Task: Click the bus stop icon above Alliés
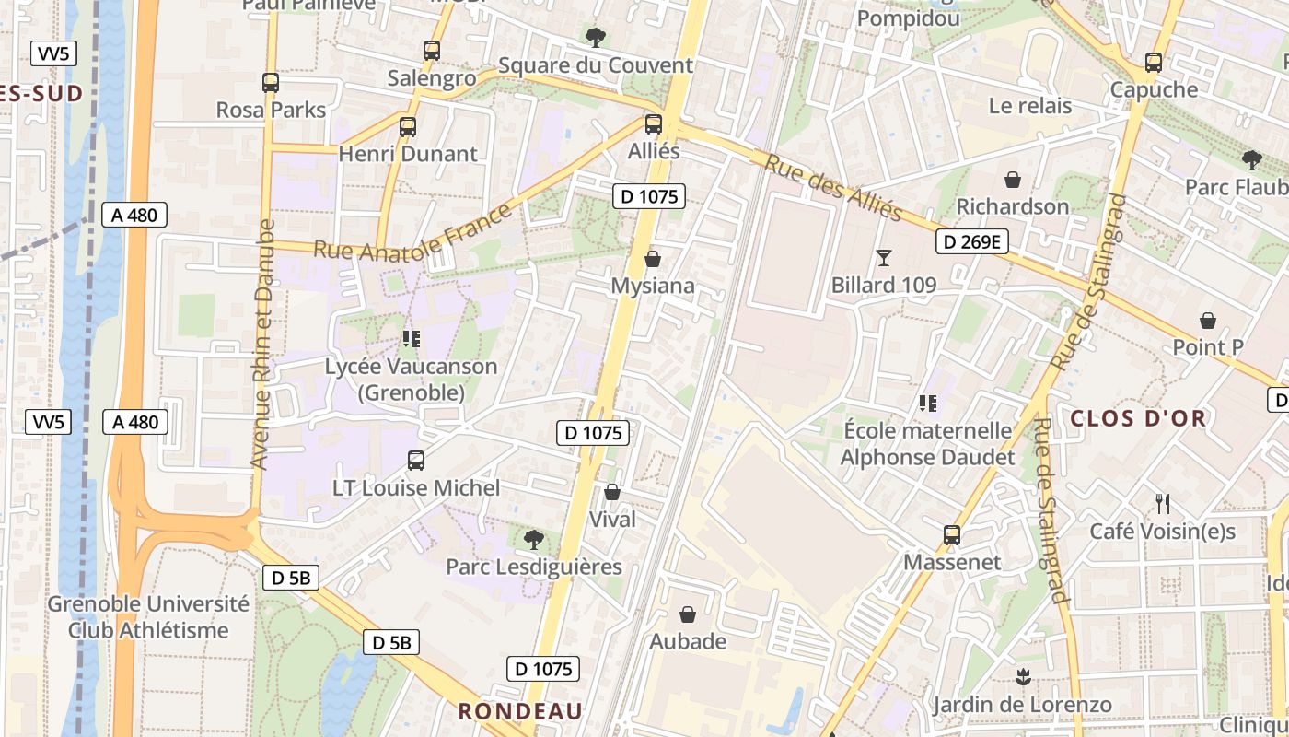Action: pos(654,123)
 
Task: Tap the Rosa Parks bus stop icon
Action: pos(271,83)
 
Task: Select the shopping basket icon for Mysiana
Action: pos(653,259)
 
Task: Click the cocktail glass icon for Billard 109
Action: pos(884,258)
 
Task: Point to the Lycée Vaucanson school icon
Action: pos(411,339)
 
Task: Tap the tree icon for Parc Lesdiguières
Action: pos(533,540)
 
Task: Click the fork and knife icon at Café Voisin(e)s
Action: pos(1163,504)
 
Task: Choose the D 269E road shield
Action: pos(972,242)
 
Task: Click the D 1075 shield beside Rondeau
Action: pos(544,669)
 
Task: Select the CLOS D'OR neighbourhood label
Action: pos(1137,418)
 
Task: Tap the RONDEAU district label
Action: pos(520,711)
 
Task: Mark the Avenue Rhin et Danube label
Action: pos(262,345)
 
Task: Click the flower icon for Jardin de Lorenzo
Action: pos(1022,678)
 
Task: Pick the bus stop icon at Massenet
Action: pos(952,534)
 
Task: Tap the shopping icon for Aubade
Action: pos(688,614)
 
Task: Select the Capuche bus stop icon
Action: pos(1154,63)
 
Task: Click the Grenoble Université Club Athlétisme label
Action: pos(148,617)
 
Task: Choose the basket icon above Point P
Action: pos(1208,321)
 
